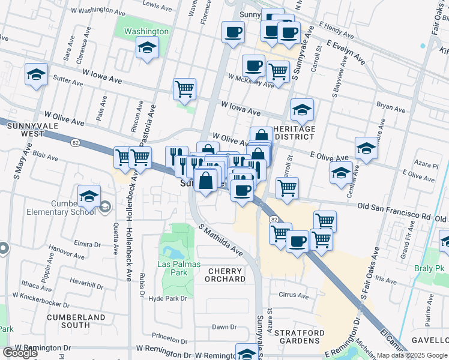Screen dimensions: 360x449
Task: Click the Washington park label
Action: pyautogui.click(x=146, y=31)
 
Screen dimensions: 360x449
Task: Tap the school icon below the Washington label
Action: pyautogui.click(x=146, y=48)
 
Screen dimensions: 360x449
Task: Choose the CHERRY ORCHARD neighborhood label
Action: pyautogui.click(x=226, y=275)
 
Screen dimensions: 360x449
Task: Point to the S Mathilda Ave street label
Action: pyautogui.click(x=221, y=240)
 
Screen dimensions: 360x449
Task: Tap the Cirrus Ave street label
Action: pyautogui.click(x=294, y=296)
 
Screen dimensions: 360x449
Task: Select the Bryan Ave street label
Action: pyautogui.click(x=391, y=107)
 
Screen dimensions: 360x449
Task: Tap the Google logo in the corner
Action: pyautogui.click(x=20, y=352)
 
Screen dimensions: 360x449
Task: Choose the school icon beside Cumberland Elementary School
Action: pyautogui.click(x=88, y=196)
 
